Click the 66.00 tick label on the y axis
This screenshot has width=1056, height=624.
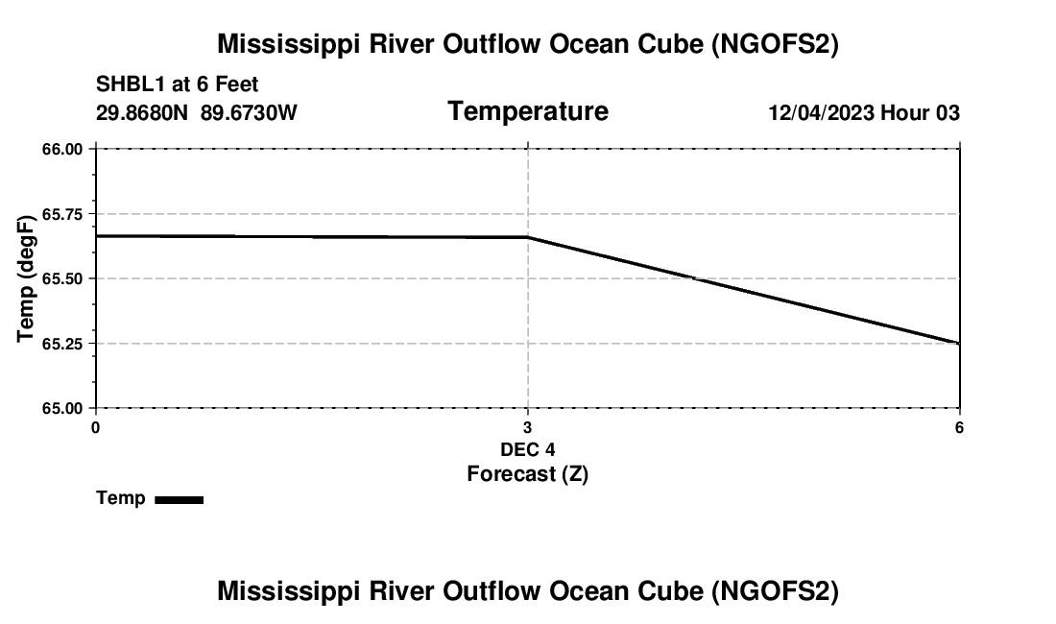coord(61,149)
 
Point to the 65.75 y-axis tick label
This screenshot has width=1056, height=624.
coord(61,214)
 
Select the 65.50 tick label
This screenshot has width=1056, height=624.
coord(61,278)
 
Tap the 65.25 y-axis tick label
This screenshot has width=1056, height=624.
coord(61,344)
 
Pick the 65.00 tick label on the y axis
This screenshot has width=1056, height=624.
coord(61,408)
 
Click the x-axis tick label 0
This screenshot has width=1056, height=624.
coord(95,427)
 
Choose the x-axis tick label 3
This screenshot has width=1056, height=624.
coord(528,427)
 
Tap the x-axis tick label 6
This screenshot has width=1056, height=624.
coord(960,427)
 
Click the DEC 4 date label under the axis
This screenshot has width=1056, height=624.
coord(528,449)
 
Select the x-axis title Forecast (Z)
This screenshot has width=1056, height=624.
coord(528,474)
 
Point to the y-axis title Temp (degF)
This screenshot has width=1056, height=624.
coord(27,278)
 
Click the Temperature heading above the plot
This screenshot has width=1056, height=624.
coord(528,111)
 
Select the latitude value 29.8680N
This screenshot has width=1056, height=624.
coord(144,112)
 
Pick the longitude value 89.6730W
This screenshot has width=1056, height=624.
coord(250,112)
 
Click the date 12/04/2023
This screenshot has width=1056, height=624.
coord(821,113)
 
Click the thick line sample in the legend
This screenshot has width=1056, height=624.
coord(179,499)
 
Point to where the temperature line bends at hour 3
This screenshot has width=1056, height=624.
coord(528,237)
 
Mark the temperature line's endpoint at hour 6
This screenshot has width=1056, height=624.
coord(959,343)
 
